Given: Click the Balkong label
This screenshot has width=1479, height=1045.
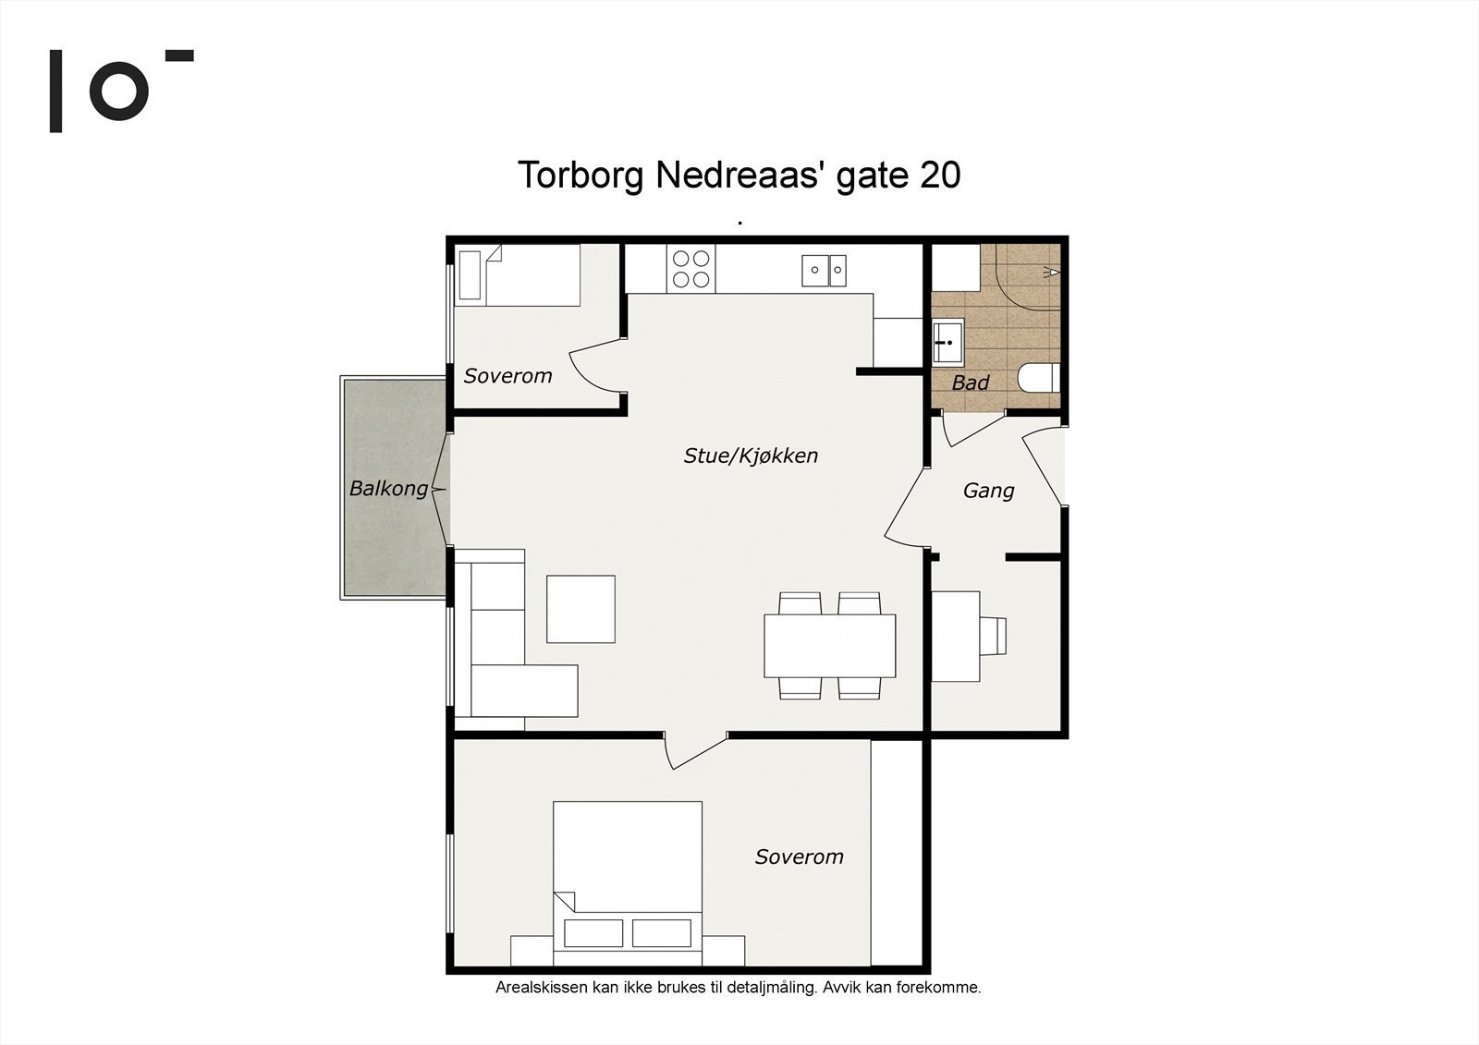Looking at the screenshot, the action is click(388, 489).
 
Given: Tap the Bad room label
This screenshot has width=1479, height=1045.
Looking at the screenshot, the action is click(970, 383).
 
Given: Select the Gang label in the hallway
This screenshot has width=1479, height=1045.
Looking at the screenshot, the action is click(988, 492).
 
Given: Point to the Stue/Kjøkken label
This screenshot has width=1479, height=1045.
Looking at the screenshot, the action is click(751, 456).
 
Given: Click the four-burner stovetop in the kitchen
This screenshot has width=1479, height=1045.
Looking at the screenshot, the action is click(691, 269).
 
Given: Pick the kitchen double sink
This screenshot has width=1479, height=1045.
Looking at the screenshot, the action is click(824, 271).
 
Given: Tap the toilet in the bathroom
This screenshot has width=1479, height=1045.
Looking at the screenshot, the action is click(1039, 378).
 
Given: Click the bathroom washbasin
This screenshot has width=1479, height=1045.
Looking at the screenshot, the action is click(948, 341).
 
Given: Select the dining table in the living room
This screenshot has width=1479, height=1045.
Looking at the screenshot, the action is click(829, 646).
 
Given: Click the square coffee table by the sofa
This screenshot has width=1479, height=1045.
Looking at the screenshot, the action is click(581, 609).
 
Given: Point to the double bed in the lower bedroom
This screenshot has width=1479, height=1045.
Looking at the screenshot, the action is click(628, 884).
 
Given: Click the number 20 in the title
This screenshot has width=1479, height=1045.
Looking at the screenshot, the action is click(939, 176).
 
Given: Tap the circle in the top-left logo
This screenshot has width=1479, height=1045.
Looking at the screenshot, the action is click(119, 91).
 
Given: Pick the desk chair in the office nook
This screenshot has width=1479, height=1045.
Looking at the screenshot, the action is click(993, 637).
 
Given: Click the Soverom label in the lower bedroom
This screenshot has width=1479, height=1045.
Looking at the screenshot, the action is click(799, 857).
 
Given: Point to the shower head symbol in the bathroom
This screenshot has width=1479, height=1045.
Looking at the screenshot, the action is click(1050, 272).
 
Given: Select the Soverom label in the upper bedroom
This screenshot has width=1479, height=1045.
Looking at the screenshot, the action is click(507, 376).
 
